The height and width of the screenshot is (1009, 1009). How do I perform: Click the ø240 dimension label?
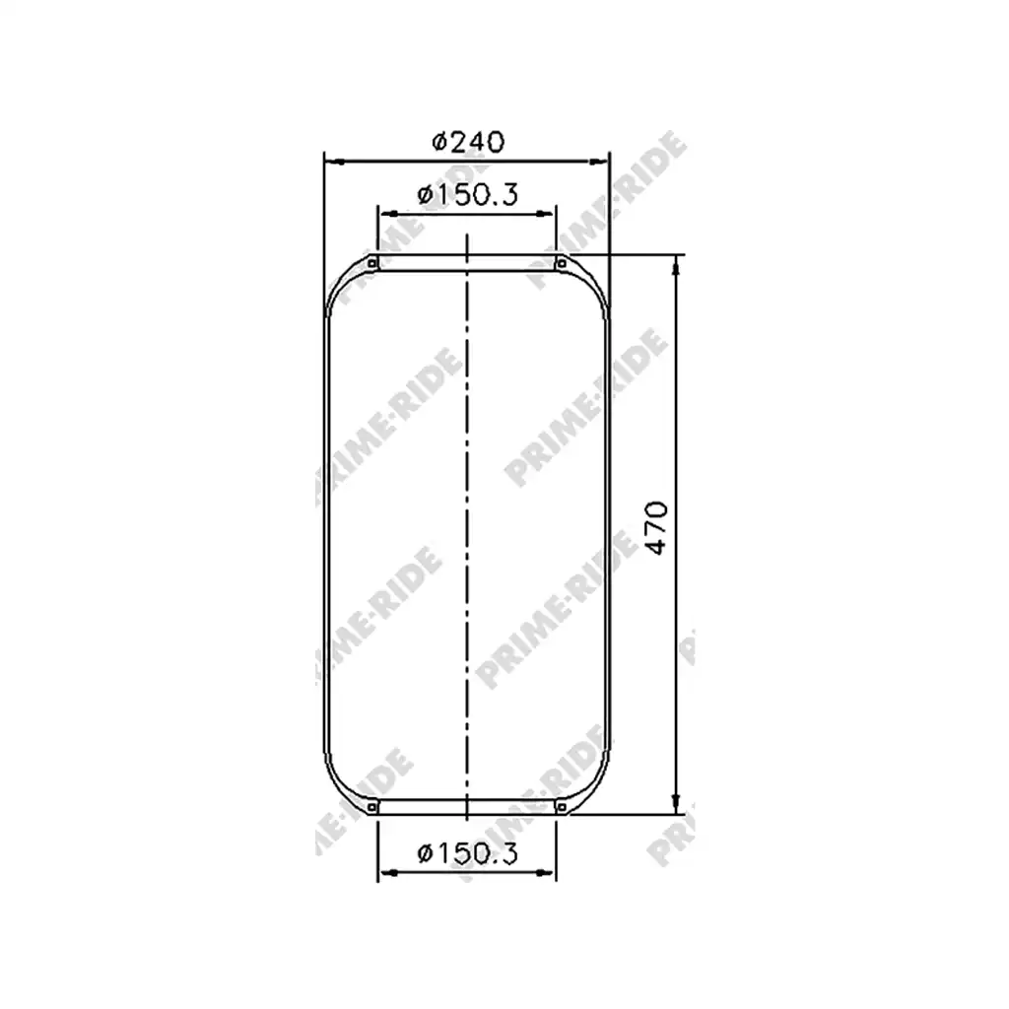click(x=468, y=142)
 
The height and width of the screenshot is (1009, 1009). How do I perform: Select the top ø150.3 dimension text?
click(x=467, y=194)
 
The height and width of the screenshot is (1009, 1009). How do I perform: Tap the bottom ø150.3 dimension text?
click(x=467, y=853)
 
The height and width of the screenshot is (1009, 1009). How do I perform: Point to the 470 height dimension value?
click(x=656, y=527)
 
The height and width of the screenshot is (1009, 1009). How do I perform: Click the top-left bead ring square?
click(x=371, y=262)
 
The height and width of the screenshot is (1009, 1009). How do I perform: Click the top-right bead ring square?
click(x=561, y=262)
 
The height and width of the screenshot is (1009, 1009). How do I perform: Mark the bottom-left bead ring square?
click(x=371, y=807)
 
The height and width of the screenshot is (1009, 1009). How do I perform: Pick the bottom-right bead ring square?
click(x=561, y=807)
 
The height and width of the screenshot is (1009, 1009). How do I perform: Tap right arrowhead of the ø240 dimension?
click(x=600, y=162)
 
